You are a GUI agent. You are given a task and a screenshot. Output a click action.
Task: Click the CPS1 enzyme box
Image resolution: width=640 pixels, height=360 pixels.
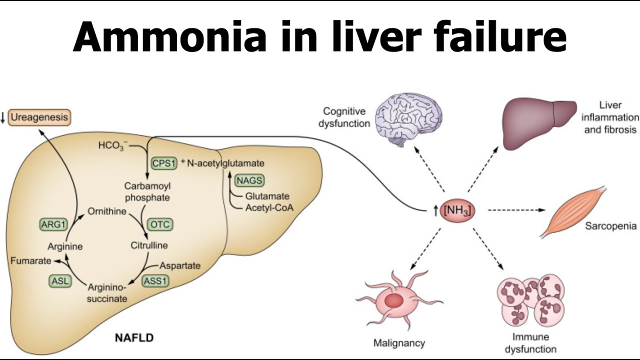point(164,163)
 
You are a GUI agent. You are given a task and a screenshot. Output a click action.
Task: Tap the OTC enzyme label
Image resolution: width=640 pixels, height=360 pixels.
point(160,224)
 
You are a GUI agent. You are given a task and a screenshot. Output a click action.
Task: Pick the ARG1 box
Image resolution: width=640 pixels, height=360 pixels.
point(53,224)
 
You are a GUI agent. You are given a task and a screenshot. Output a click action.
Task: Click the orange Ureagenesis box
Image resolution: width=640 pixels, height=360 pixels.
point(39,118)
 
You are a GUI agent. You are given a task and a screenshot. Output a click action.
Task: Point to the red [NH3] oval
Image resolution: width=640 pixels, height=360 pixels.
point(457,211)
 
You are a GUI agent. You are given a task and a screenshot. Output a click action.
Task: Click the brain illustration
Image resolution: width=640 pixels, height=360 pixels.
point(408,119)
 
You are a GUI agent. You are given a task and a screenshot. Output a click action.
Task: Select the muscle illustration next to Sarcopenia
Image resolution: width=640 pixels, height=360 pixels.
point(572,213)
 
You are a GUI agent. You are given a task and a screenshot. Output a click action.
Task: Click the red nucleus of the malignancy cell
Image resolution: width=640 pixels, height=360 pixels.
point(393,300)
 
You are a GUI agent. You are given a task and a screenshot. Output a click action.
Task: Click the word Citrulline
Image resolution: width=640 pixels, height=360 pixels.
point(149,245)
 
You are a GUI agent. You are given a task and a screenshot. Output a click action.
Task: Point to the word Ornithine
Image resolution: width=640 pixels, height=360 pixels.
point(107,211)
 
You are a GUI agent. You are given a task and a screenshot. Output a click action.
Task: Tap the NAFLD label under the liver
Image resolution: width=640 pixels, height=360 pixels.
point(134,338)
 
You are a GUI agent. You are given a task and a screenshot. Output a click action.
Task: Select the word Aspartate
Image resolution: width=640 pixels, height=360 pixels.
point(180,265)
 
